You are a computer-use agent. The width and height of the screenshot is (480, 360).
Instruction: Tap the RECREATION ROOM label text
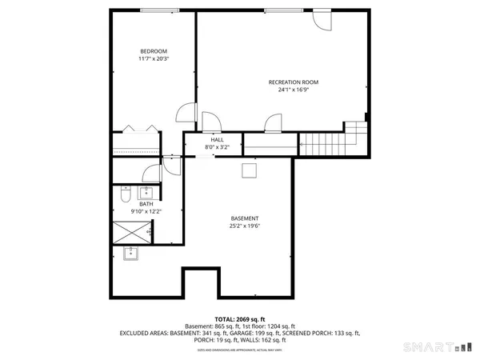[293, 82]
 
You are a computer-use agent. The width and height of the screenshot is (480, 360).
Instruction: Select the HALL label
[217, 139]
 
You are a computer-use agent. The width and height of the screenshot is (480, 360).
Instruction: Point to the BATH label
[146, 204]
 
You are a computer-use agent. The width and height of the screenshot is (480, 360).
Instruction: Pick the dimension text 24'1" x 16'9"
[293, 90]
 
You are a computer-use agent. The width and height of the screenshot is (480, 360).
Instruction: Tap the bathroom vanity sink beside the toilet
[146, 192]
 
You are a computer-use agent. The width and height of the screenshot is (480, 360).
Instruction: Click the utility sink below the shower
[131, 254]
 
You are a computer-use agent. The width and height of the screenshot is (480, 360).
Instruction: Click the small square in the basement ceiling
[249, 170]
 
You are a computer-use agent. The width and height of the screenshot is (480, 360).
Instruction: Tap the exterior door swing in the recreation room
[322, 19]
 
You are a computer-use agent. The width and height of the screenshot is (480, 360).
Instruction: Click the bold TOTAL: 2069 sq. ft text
[239, 319]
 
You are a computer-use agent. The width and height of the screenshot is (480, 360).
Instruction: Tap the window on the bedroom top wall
[154, 10]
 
